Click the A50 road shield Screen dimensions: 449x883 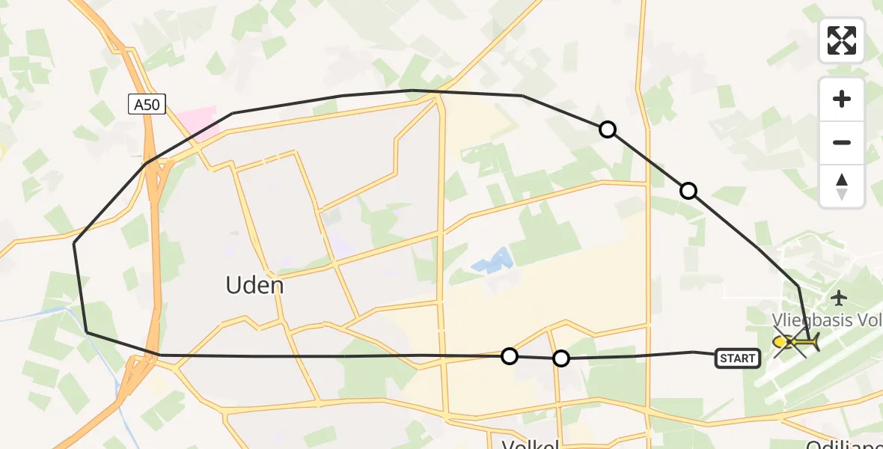[x=147, y=105]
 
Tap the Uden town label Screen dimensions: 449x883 [x=255, y=285]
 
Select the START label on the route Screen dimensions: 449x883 [x=738, y=358]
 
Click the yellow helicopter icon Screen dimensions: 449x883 [x=795, y=343]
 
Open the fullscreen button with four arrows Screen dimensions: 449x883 [x=842, y=40]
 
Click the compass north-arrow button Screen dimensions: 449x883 [x=842, y=187]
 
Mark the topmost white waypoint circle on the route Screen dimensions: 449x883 [x=608, y=129]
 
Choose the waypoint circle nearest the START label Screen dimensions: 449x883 [x=561, y=358]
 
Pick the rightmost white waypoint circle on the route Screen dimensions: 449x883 [x=688, y=191]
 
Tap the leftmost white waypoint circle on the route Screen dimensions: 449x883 [x=510, y=356]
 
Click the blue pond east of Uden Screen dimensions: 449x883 [x=492, y=261]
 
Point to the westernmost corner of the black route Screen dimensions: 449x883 [x=74, y=243]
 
